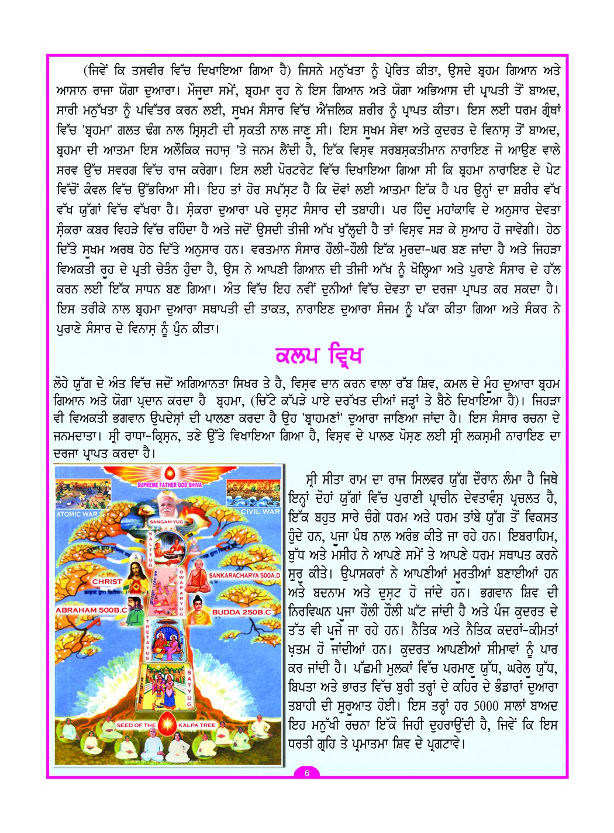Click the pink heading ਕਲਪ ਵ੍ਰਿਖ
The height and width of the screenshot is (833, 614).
(x=319, y=355)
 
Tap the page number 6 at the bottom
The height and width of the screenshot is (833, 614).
(x=306, y=772)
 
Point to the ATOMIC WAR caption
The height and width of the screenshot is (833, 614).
(x=77, y=514)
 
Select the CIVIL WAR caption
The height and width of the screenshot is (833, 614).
(x=260, y=511)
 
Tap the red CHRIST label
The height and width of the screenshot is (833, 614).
(x=107, y=582)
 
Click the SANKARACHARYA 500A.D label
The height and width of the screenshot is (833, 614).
(x=244, y=575)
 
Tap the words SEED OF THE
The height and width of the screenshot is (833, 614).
(x=136, y=725)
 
